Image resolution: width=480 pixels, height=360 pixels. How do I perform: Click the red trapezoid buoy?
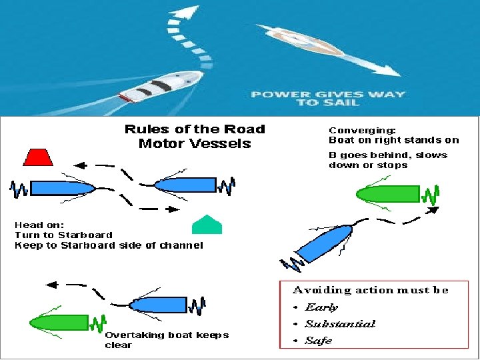pyautogui.click(x=39, y=156)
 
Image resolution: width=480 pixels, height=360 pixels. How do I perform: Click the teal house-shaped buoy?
pyautogui.click(x=206, y=225)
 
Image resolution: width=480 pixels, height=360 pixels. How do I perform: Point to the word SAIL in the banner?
pyautogui.click(x=345, y=103)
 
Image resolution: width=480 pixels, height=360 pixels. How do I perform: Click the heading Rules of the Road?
pyautogui.click(x=195, y=129)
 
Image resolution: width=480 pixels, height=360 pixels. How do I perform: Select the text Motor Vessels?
pyautogui.click(x=195, y=143)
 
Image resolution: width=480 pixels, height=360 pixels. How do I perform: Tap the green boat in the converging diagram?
pyautogui.click(x=387, y=194)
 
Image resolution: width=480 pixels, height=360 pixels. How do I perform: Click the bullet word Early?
pyautogui.click(x=321, y=307)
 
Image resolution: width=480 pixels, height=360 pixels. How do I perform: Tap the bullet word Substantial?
pyautogui.click(x=340, y=324)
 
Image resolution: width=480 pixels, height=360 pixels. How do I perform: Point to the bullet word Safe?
pyautogui.click(x=318, y=341)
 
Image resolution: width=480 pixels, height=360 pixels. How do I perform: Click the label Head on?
pyautogui.click(x=39, y=225)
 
